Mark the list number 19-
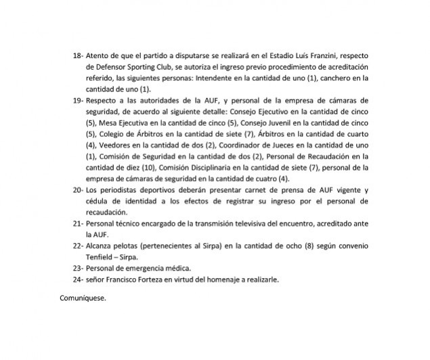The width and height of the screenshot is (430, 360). pos(75,100)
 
